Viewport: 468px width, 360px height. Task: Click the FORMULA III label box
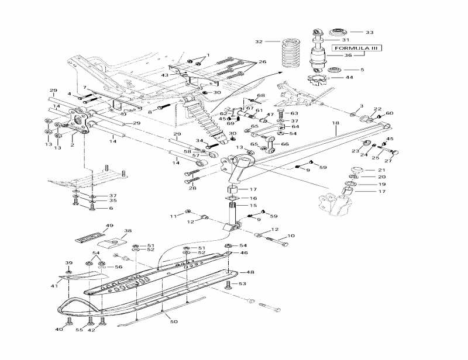click(354, 49)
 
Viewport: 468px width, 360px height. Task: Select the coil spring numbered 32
click(290, 53)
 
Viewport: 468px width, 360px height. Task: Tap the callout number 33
click(369, 32)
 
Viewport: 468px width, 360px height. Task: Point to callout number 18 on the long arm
click(336, 123)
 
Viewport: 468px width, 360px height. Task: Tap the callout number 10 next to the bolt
click(291, 236)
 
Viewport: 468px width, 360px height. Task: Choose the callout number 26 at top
click(262, 61)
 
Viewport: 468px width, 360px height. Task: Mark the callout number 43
click(166, 75)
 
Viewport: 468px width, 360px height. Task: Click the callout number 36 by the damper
click(347, 56)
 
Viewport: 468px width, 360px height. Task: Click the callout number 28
click(192, 188)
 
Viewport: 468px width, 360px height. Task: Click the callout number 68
click(261, 95)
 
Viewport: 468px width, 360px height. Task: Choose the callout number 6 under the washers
click(111, 208)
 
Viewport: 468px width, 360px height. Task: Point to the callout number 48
click(250, 272)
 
